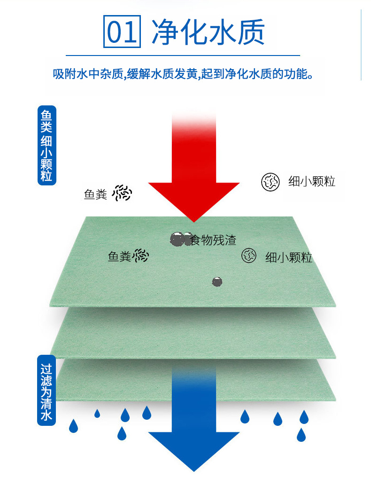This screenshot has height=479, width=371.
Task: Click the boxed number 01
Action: point(122,32)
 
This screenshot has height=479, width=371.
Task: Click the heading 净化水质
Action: point(208,32)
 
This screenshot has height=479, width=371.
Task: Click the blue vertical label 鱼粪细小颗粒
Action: point(46,146)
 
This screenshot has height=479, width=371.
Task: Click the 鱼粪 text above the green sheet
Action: point(95,194)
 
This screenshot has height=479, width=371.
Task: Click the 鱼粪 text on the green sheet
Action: point(119,256)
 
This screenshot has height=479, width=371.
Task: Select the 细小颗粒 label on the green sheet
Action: point(288,257)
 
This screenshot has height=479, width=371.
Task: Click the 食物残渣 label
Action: point(212,240)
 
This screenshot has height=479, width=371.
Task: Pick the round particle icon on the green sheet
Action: point(249,255)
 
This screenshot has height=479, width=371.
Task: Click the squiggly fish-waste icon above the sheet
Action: point(123,193)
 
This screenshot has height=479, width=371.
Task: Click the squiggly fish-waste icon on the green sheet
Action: point(140,255)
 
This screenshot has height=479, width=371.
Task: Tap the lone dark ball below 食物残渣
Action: point(217,282)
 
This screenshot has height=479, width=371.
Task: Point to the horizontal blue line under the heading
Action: point(183,56)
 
